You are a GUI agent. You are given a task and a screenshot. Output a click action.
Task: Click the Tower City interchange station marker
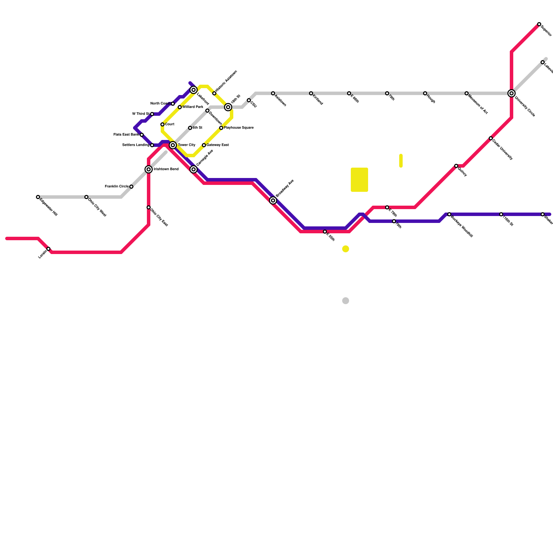coord(173,145)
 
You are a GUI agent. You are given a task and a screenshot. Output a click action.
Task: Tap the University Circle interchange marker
coord(512,93)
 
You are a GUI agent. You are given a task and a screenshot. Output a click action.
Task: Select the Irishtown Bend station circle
coord(149,169)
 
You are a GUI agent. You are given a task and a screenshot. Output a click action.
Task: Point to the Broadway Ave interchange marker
coord(273,200)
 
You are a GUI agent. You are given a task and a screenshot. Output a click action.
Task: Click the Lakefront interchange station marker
coord(194,90)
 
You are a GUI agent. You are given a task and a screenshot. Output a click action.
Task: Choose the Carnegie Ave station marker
coord(194,169)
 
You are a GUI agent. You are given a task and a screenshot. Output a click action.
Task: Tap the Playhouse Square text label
coord(239,128)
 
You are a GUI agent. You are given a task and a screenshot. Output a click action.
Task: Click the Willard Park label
coord(193,107)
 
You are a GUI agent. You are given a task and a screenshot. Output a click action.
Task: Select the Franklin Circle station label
coord(117,187)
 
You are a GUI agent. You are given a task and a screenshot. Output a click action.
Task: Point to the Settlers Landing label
coord(136,145)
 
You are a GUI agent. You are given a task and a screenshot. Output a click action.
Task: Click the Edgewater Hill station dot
coord(38,197)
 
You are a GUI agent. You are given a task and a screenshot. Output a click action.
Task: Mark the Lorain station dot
coord(48,249)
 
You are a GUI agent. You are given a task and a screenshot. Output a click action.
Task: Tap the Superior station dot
coord(539,24)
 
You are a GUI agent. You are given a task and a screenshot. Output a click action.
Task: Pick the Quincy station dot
coord(456,166)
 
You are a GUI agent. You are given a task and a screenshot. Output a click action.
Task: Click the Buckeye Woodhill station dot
coord(449,214)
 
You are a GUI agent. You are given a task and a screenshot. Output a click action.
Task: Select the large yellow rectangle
coord(359,180)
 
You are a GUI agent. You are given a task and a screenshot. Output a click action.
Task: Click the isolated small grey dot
coord(346,301)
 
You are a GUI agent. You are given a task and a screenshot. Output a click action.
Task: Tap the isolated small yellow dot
coord(346,249)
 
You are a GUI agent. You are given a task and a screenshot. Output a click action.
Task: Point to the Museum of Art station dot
coord(467,93)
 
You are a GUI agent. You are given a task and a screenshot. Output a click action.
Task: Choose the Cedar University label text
coord(503,150)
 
